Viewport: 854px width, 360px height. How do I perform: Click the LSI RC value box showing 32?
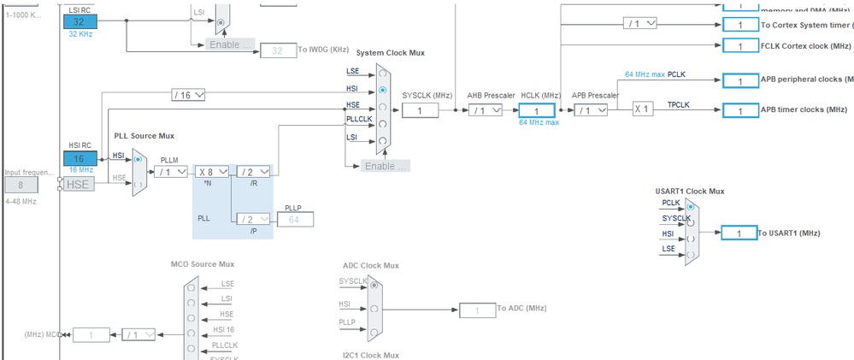79,21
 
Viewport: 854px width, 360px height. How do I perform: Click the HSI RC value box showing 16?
79,158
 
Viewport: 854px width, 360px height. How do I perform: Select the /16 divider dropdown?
187,94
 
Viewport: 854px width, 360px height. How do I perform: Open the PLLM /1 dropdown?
171,171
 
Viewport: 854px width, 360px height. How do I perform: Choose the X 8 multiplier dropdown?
211,171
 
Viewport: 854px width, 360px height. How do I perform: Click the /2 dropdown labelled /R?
253,171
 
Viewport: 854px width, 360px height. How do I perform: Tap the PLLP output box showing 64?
295,220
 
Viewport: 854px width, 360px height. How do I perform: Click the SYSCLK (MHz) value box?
420,110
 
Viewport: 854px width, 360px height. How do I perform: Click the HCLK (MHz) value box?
537,110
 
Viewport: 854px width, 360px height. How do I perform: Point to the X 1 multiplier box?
645,109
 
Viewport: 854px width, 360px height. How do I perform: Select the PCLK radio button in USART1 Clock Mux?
690,205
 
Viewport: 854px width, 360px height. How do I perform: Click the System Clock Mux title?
390,53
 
